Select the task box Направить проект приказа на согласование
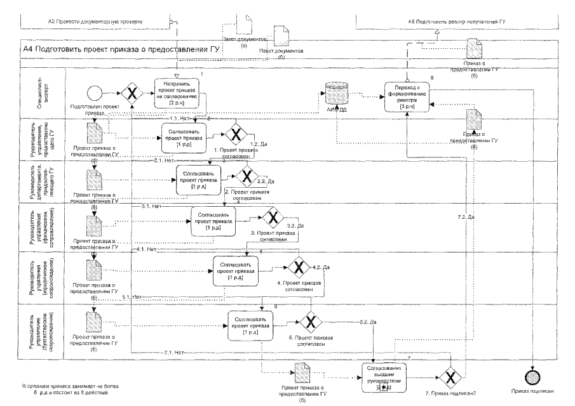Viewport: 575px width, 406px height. tap(179, 93)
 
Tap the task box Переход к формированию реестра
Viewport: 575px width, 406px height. tap(410, 98)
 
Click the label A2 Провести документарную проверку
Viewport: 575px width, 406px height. tap(95, 22)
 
